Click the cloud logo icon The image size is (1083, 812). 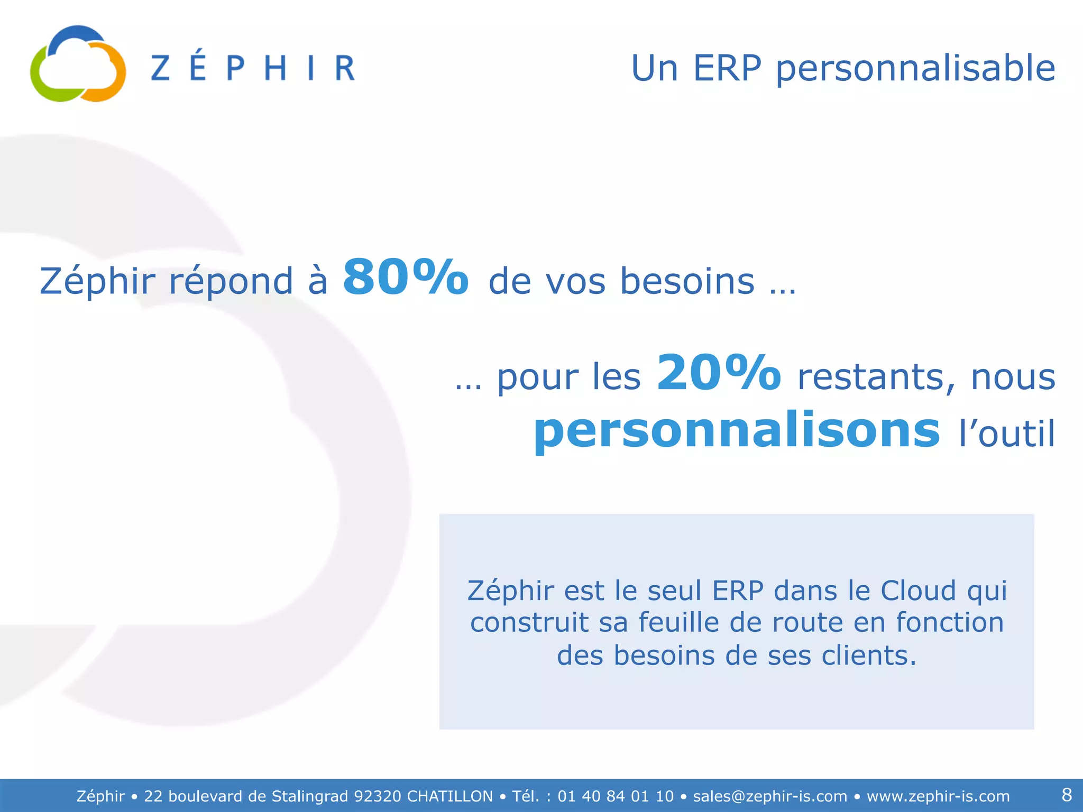pyautogui.click(x=78, y=64)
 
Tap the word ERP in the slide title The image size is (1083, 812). pyautogui.click(x=727, y=68)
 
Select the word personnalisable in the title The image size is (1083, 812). pyautogui.click(x=915, y=69)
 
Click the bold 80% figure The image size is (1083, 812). pyautogui.click(x=406, y=277)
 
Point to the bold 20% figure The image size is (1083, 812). pyautogui.click(x=719, y=373)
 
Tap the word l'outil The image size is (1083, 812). pyautogui.click(x=1007, y=433)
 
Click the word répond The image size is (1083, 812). pyautogui.click(x=231, y=281)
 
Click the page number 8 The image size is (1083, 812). pyautogui.click(x=1067, y=795)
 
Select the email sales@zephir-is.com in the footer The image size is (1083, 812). pyautogui.click(x=770, y=796)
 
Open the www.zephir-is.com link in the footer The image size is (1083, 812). pyautogui.click(x=938, y=796)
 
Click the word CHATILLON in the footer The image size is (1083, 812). pyautogui.click(x=449, y=796)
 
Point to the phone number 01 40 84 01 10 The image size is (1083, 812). pyautogui.click(x=616, y=796)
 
